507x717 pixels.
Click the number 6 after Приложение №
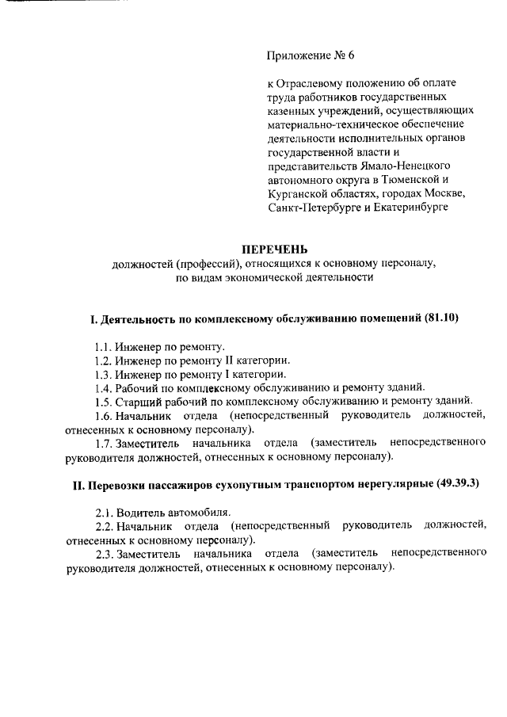[x=351, y=55]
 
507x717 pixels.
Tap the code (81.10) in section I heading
[x=440, y=319]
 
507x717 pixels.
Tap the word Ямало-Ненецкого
[x=405, y=166]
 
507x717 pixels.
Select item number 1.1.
[x=101, y=347]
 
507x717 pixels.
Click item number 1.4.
[x=102, y=387]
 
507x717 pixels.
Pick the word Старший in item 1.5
[x=135, y=401]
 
